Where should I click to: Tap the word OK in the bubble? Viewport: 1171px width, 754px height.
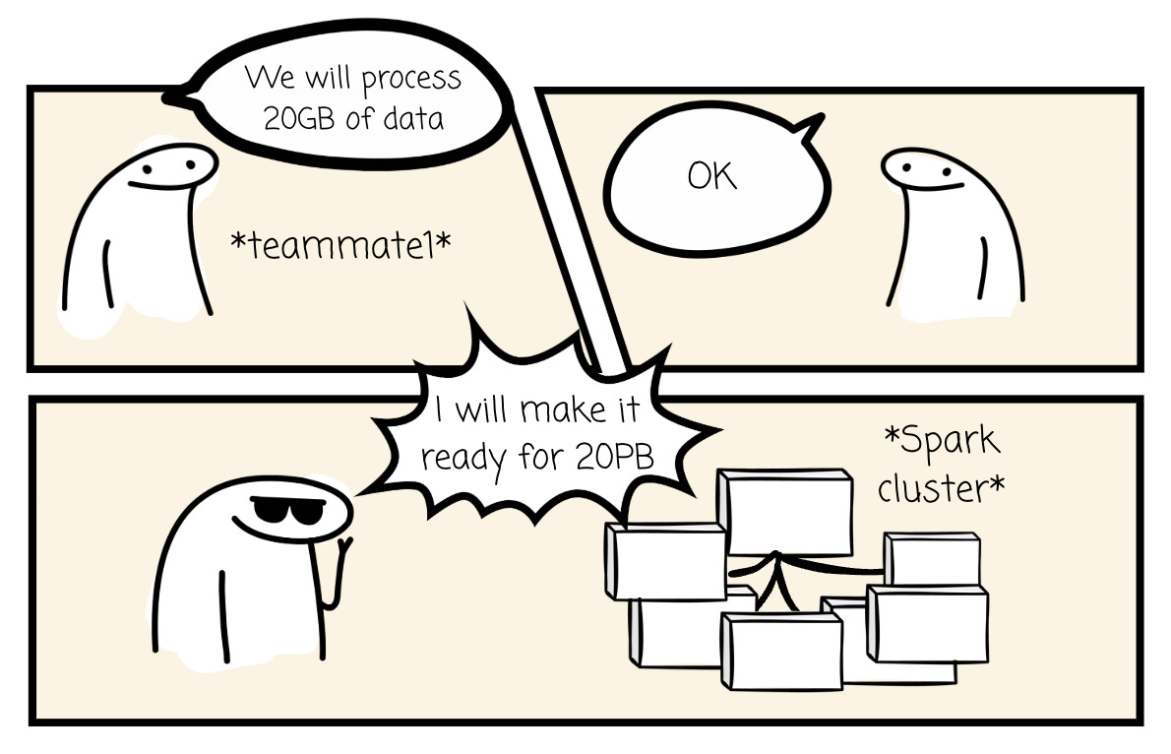(x=712, y=177)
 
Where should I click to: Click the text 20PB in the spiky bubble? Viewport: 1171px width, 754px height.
(x=616, y=457)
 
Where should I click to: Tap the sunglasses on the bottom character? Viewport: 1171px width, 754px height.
(x=280, y=511)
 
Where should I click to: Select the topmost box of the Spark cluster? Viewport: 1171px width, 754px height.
(x=784, y=512)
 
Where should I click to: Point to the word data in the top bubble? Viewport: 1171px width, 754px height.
(x=415, y=117)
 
